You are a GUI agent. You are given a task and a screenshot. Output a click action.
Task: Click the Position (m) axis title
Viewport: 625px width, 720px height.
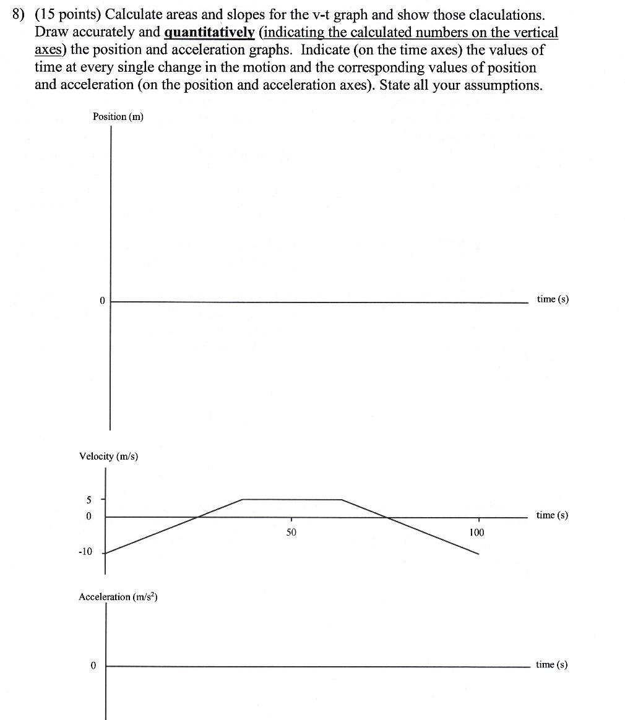(118, 116)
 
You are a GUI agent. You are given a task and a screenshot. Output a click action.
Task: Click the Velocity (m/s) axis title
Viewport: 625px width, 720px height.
(108, 456)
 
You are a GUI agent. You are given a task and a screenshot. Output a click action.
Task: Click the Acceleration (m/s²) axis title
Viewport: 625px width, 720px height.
(118, 597)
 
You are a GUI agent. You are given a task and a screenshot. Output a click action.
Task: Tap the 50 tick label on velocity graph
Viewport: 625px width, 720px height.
(291, 532)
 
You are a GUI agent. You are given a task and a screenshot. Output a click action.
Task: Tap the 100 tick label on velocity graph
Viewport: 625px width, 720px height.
(476, 532)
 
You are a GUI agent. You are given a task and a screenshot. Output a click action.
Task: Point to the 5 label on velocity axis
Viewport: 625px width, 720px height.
(88, 499)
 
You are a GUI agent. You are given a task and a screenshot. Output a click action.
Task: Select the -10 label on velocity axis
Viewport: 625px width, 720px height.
(85, 552)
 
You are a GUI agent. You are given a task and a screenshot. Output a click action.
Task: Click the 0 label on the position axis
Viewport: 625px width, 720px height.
(102, 301)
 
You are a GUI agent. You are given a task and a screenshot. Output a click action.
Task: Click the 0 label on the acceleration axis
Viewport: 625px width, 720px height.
(93, 666)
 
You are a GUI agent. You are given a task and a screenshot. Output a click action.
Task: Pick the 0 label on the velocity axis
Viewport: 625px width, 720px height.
(88, 516)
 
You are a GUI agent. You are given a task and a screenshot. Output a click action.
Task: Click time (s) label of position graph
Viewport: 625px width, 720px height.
(552, 299)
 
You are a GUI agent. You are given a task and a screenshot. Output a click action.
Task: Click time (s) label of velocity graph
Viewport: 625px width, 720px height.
(551, 515)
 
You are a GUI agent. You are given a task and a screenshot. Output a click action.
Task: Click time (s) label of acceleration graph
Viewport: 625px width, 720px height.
(551, 665)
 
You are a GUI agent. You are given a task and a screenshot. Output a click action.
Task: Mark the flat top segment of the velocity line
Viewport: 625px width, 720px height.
(291, 499)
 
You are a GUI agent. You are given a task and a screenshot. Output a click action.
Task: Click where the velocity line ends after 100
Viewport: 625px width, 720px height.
(478, 554)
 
